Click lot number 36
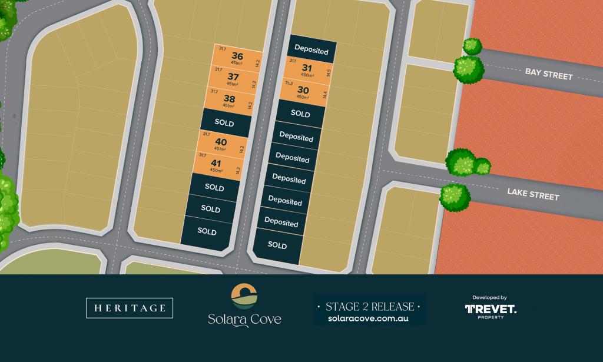tap(237, 57)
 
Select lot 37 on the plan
tap(233, 77)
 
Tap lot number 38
tap(229, 99)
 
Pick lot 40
tap(221, 142)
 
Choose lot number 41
tap(217, 163)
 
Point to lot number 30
tap(303, 90)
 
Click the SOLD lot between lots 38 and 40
tap(225, 123)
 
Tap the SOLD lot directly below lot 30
tap(300, 114)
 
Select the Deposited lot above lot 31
tap(312, 51)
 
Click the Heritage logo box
tap(130, 308)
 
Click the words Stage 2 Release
tap(369, 306)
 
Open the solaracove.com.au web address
tap(369, 318)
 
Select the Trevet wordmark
tap(491, 309)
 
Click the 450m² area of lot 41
tap(216, 171)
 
